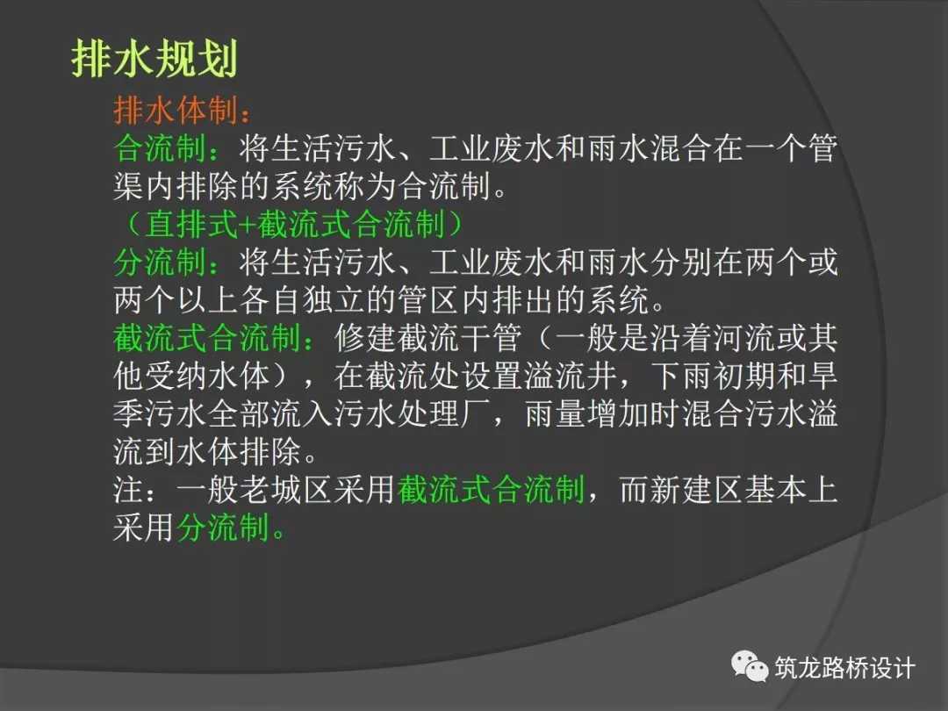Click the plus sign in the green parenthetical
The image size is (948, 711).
(248, 225)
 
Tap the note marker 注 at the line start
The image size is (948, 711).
(128, 489)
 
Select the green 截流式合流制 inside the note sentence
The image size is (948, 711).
(492, 489)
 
